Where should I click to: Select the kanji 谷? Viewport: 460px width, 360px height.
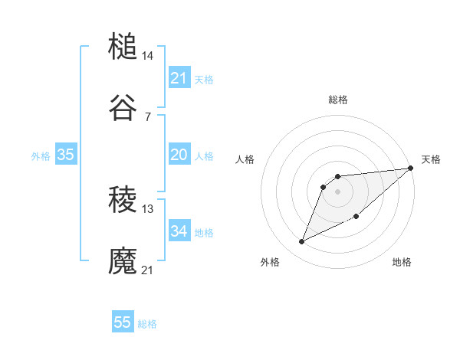(x=123, y=109)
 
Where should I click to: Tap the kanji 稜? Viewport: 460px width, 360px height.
(x=123, y=201)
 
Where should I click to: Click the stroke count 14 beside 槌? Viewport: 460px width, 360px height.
(x=148, y=56)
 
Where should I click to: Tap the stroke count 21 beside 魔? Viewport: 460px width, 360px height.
(x=148, y=270)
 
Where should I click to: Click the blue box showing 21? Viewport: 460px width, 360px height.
(x=179, y=78)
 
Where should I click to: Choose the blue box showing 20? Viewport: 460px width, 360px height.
(x=179, y=155)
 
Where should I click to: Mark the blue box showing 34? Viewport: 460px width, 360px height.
(x=179, y=231)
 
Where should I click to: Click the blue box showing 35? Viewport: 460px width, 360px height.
(x=66, y=155)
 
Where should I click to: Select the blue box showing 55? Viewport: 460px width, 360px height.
(x=123, y=322)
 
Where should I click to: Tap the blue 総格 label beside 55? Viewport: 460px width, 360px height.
(x=147, y=324)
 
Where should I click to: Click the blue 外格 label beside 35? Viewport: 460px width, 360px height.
(x=41, y=156)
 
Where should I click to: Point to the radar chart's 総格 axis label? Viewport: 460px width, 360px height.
(x=337, y=100)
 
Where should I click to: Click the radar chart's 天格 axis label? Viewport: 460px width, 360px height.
(x=431, y=159)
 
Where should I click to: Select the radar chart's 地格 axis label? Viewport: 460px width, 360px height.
(x=402, y=262)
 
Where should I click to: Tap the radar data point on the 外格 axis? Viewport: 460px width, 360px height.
(x=302, y=242)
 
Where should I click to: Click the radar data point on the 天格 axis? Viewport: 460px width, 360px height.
(x=410, y=169)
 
